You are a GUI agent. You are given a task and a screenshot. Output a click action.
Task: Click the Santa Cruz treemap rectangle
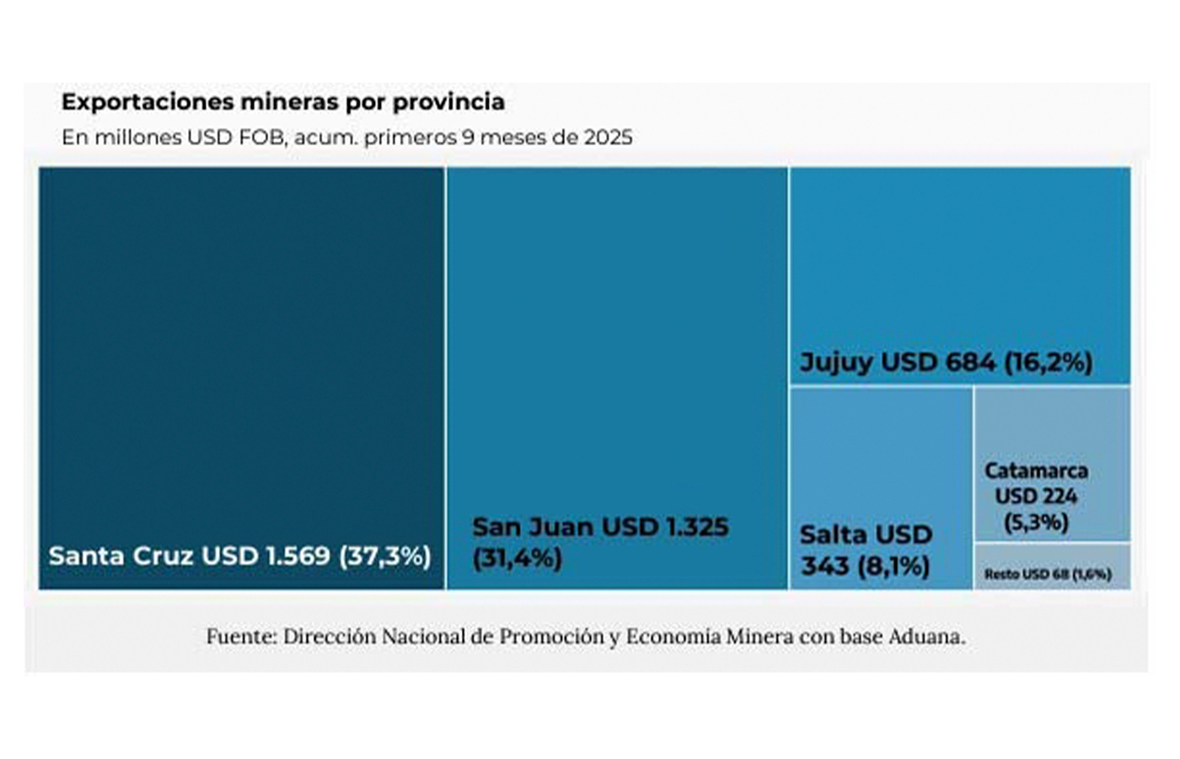(241, 354)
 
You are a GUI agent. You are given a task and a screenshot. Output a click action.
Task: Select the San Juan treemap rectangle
(617, 337)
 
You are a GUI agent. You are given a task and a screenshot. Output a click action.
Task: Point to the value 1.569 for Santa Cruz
(298, 557)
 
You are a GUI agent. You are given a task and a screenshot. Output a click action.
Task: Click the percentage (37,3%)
(385, 557)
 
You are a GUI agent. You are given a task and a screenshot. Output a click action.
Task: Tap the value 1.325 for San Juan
(697, 527)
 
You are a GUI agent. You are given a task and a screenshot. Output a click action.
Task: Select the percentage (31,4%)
(517, 558)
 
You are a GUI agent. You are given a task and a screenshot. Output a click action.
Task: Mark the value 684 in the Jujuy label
(970, 363)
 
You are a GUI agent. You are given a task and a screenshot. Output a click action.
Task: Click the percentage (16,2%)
(1049, 363)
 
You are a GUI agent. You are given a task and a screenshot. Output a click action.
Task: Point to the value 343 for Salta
(825, 566)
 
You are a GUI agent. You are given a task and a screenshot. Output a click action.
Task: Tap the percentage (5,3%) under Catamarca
(1036, 523)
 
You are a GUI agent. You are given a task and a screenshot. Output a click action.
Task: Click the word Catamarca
(1036, 471)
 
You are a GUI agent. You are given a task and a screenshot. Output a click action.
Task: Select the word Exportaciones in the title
(147, 102)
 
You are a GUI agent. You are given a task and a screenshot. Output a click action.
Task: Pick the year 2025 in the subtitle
(605, 137)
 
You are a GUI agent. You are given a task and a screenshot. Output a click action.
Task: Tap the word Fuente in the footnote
(241, 637)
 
